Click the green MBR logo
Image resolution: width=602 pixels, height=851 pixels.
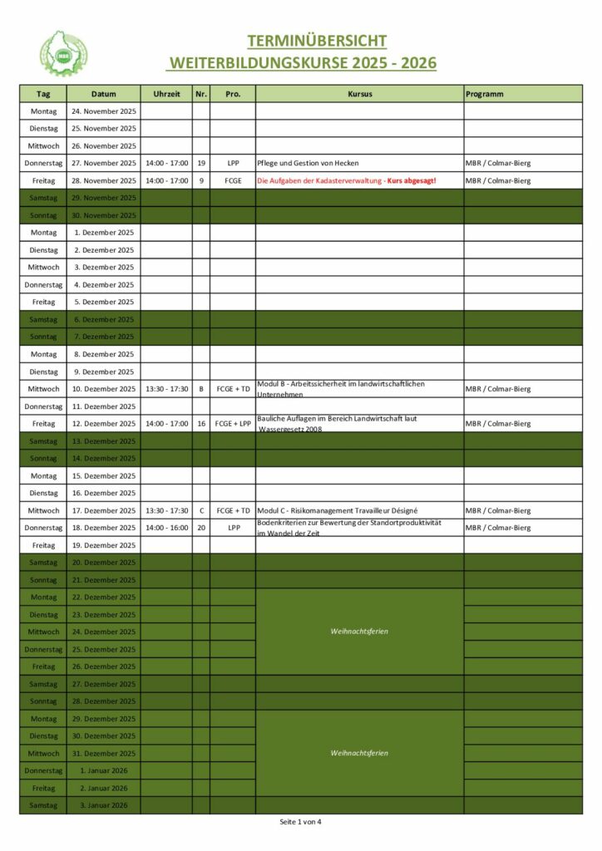click(64, 53)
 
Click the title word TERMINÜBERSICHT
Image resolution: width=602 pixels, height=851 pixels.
click(316, 41)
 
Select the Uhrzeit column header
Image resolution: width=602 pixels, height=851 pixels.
click(166, 94)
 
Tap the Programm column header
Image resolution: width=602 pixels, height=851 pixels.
click(485, 94)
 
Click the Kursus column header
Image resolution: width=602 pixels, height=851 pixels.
click(359, 94)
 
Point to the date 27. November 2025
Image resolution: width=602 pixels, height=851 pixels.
click(104, 163)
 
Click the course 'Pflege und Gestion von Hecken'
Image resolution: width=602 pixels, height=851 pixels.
click(308, 163)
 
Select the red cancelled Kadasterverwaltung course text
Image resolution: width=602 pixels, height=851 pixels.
click(346, 180)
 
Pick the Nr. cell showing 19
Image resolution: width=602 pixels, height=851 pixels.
click(201, 163)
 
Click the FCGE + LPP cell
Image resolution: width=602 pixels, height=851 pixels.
click(233, 424)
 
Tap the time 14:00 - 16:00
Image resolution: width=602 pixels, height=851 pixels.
click(166, 528)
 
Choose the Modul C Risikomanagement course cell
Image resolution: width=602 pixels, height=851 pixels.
click(338, 510)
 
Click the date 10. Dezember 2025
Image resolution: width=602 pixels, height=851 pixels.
click(104, 389)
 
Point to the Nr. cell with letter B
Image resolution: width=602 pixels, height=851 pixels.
click(201, 389)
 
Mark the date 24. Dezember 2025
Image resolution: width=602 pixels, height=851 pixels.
click(104, 632)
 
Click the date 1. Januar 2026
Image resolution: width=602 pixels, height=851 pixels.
click(104, 770)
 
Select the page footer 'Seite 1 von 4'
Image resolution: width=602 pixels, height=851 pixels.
click(300, 822)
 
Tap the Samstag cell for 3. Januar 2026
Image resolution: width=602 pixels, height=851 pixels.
click(43, 805)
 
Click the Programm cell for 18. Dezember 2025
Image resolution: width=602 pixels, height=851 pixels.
click(497, 528)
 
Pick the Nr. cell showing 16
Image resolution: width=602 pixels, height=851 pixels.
click(201, 424)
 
